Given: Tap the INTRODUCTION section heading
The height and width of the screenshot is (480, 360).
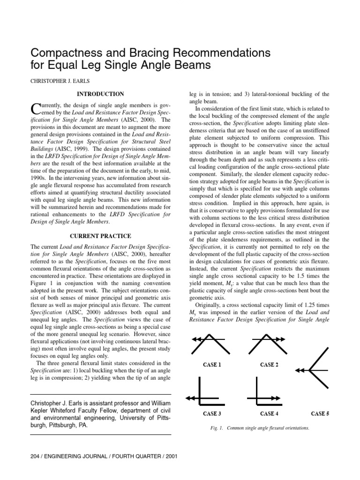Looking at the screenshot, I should coord(100,94).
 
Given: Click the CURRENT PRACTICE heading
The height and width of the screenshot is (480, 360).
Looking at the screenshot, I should coord(100,236).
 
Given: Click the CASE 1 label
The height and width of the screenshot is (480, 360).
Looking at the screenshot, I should coord(212,364).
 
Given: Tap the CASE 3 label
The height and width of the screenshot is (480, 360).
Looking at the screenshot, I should coord(212,413).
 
